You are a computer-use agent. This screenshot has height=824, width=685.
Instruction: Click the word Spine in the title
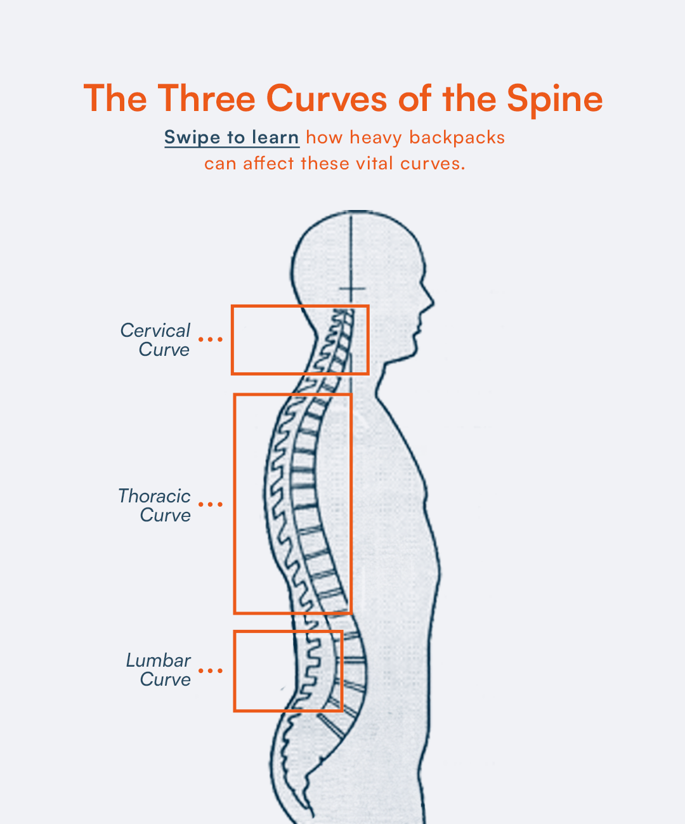(x=554, y=100)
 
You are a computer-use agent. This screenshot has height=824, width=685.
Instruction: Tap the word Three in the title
(x=206, y=99)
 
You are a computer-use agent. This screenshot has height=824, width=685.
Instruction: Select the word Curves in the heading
(x=326, y=99)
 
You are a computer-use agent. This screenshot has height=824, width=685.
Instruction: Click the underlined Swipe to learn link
(x=232, y=138)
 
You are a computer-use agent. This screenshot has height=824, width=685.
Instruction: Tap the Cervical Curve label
(x=155, y=340)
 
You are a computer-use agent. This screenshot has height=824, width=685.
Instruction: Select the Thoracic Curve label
(x=155, y=506)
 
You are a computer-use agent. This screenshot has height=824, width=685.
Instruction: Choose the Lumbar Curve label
(x=159, y=670)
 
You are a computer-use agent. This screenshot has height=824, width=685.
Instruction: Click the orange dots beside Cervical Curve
(x=211, y=339)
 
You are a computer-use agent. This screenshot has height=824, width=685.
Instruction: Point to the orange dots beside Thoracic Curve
(x=211, y=505)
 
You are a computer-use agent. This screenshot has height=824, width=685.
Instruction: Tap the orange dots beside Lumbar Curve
(x=211, y=670)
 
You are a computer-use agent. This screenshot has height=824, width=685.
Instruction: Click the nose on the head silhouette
(x=431, y=301)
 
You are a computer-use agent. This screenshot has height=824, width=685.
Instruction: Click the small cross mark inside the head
(x=351, y=290)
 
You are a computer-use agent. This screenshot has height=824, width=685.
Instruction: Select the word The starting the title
(x=115, y=99)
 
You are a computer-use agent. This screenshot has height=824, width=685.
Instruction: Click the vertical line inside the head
(x=351, y=254)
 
